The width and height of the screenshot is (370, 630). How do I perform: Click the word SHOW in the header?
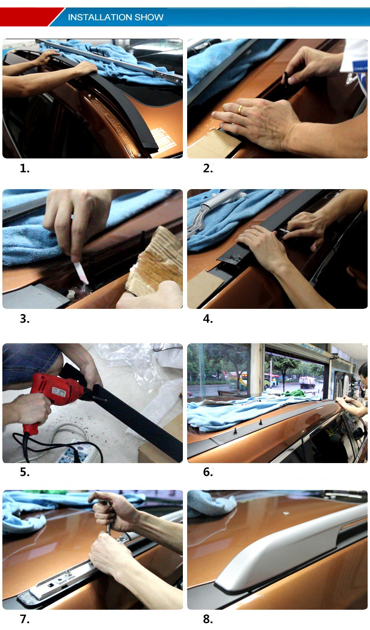point(149,17)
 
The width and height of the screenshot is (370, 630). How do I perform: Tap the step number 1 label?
point(24,168)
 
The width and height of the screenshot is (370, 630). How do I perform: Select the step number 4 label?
point(208,319)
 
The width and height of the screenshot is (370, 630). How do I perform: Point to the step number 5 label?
point(25,472)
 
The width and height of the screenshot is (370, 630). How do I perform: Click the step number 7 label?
point(25,619)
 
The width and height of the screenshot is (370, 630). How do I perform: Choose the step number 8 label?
point(208,619)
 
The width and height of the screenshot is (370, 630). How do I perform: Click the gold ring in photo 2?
point(240,109)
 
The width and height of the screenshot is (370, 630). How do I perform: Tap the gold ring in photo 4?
point(255,232)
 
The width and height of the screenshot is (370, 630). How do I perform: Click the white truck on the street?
point(307,382)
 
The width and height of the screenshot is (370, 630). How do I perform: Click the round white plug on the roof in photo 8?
point(286,513)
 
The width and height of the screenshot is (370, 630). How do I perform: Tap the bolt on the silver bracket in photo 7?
point(68,573)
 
